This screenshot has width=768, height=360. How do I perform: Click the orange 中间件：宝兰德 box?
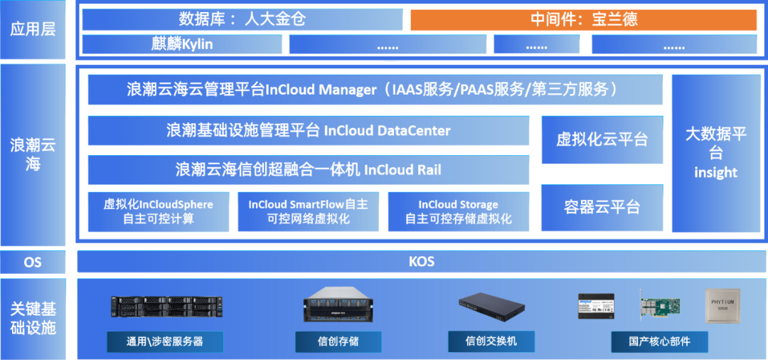pyautogui.click(x=584, y=19)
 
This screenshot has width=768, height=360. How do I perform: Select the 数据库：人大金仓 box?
pyautogui.click(x=242, y=19)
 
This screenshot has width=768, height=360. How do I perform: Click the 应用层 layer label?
pyautogui.click(x=33, y=29)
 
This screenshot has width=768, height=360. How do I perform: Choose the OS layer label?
pyautogui.click(x=33, y=262)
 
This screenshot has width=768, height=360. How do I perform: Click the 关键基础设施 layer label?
pyautogui.click(x=33, y=318)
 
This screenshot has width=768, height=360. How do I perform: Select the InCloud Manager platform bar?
pyautogui.click(x=375, y=90)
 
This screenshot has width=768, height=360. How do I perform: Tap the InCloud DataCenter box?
pyautogui.click(x=308, y=131)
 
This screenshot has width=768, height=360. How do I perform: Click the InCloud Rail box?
pyautogui.click(x=308, y=169)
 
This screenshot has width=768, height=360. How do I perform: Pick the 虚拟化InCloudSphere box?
pyautogui.click(x=158, y=211)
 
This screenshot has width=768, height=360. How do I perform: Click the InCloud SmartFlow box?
pyautogui.click(x=308, y=211)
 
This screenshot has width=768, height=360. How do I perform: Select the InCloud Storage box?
pyautogui.click(x=458, y=211)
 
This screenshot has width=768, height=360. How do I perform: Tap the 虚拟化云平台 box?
pyautogui.click(x=602, y=139)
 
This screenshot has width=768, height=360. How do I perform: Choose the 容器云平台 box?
pyautogui.click(x=602, y=207)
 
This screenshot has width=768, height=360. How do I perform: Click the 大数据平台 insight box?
pyautogui.click(x=715, y=153)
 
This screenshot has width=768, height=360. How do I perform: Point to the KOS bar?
pyautogui.click(x=421, y=262)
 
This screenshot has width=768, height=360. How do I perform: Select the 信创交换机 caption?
pyautogui.click(x=491, y=342)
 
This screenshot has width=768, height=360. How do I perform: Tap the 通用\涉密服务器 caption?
pyautogui.click(x=165, y=342)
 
